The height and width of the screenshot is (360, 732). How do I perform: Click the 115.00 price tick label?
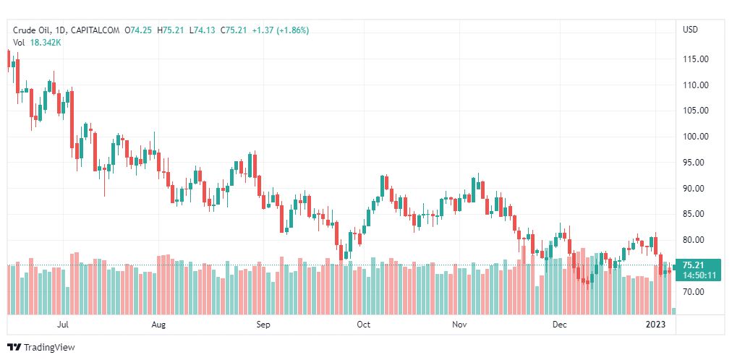coord(694,59)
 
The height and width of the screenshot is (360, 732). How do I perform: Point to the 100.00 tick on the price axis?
coord(694,137)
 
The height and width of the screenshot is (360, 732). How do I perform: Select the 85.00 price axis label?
coord(694,214)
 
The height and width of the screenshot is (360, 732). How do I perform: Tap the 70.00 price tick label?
coord(694,292)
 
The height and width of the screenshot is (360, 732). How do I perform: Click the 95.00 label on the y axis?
coord(694,163)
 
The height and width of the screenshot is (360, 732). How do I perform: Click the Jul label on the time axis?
coord(63,325)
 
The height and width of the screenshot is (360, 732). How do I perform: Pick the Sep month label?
coord(263,325)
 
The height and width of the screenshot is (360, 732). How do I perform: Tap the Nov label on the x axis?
coord(459,325)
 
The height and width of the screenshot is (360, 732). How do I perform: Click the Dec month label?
coord(559,325)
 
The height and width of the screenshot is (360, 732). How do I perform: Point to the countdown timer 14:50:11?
coord(699,275)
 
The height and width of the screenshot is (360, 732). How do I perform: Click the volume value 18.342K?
coord(46,43)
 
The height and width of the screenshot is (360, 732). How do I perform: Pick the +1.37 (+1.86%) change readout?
coord(281,30)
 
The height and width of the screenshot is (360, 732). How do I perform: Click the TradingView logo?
coord(41,348)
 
